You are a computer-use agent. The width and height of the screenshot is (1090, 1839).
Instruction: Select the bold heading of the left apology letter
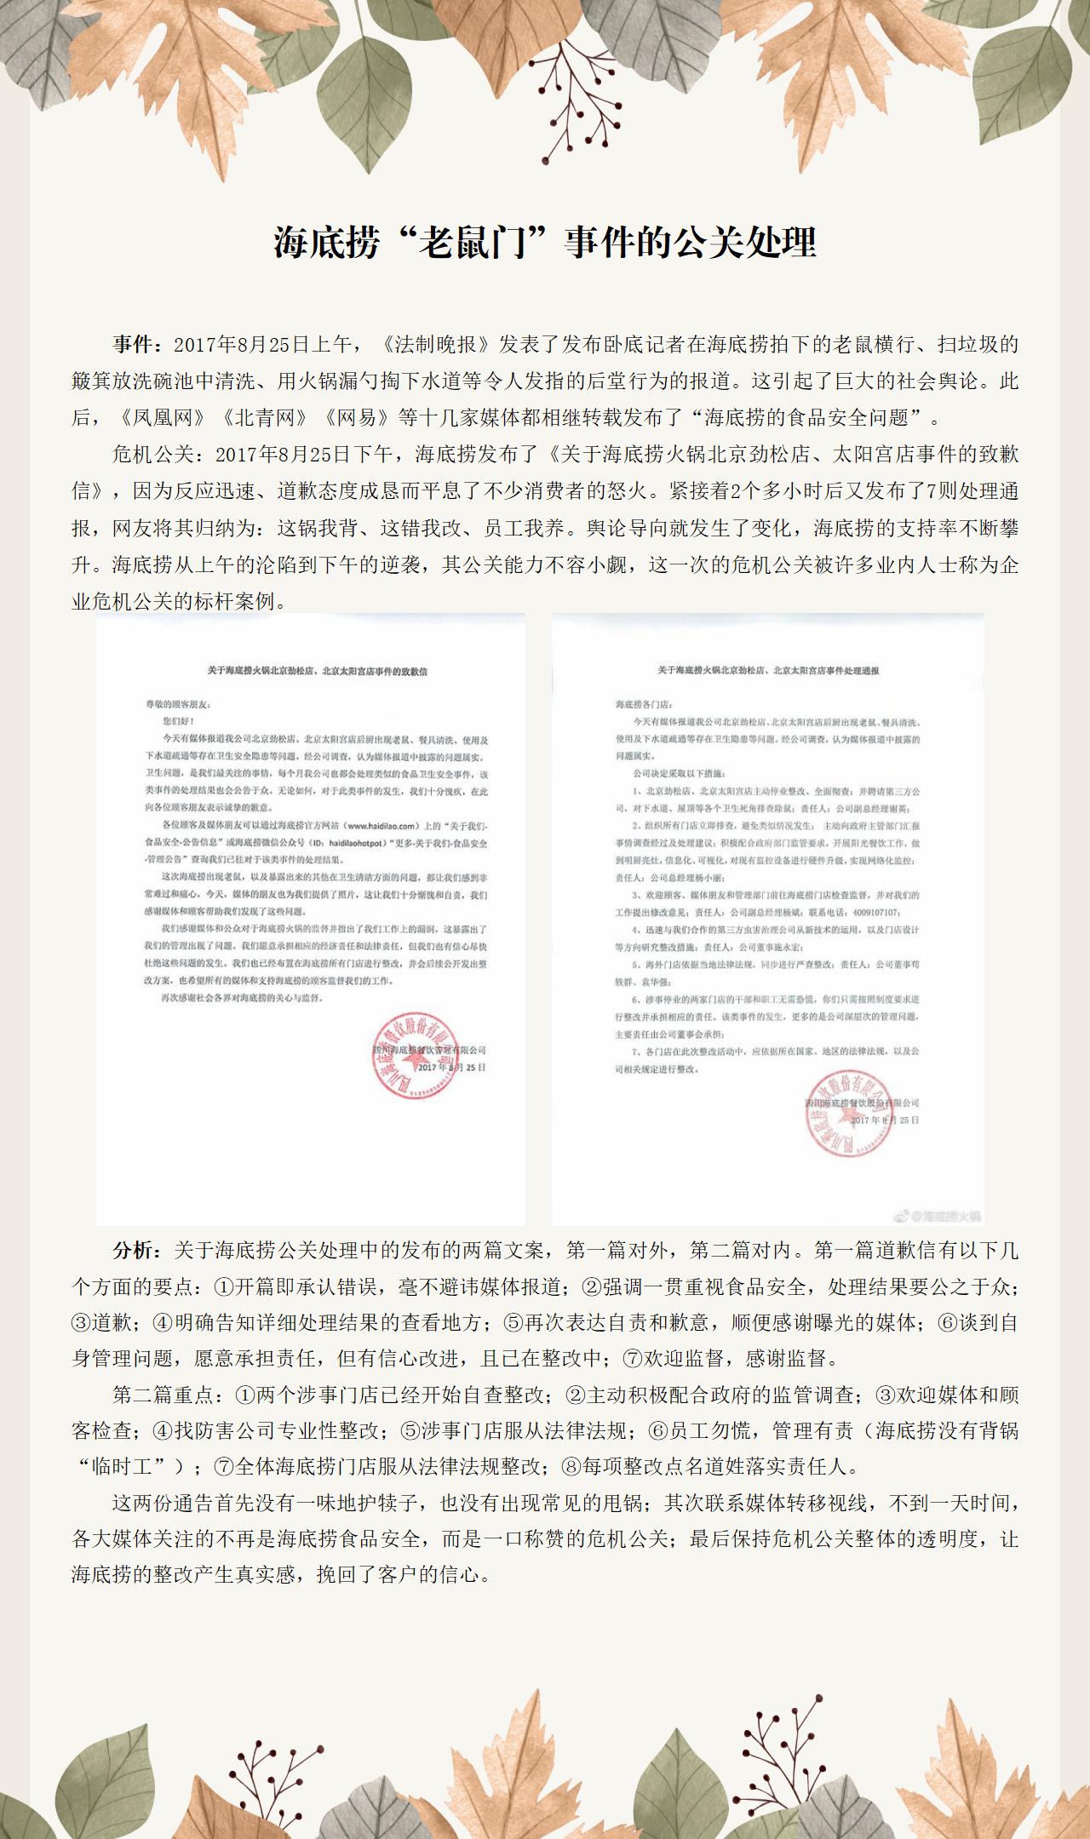point(318,671)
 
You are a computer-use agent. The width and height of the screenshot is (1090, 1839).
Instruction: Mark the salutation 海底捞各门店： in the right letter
point(643,705)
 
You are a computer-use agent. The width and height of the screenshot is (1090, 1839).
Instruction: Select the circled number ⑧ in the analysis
point(570,1467)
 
